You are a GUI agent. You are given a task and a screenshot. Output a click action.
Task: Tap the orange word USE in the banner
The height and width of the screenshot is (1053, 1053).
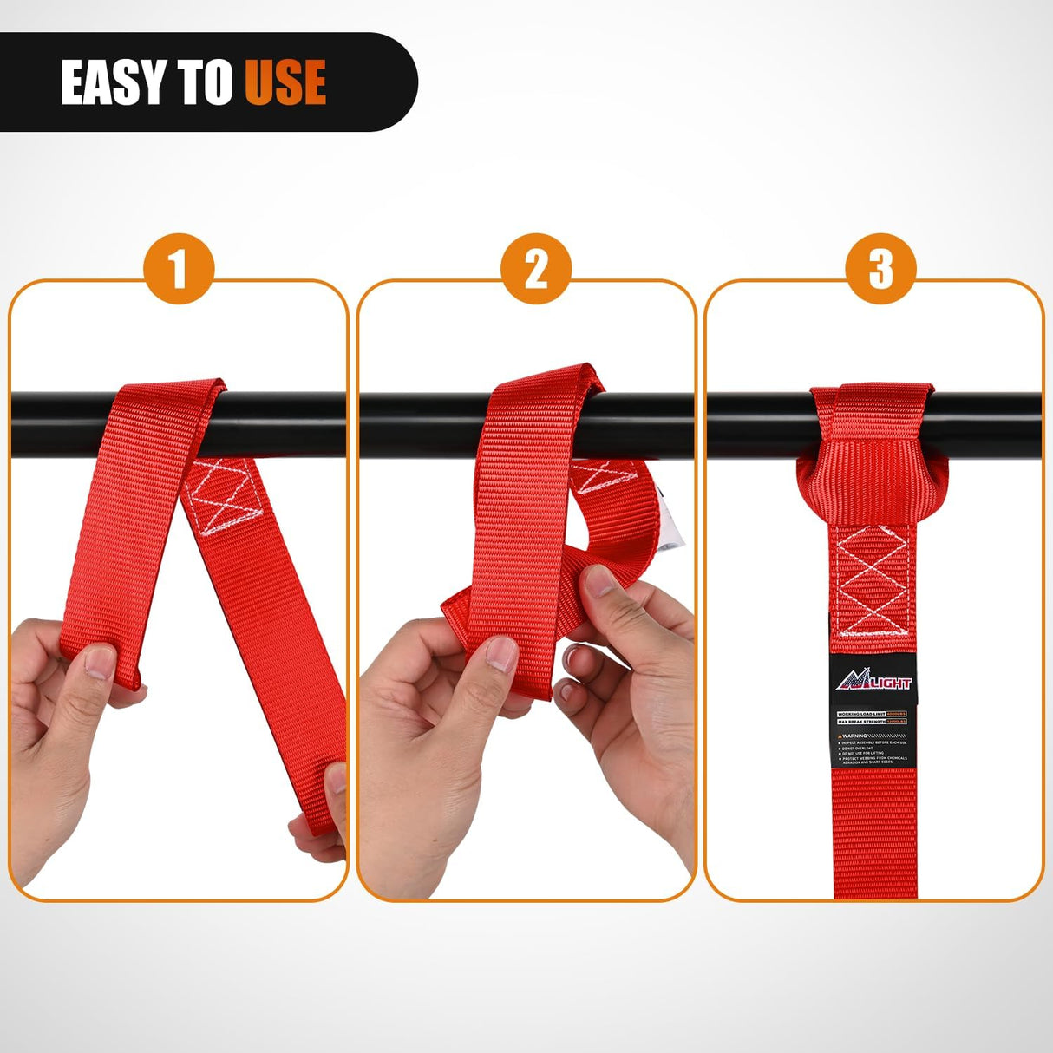tap(285, 83)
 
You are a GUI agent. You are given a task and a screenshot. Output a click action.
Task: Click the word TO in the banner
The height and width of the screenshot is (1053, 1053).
tap(206, 83)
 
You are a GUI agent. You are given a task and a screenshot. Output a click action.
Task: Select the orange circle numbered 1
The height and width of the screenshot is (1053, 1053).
tap(178, 268)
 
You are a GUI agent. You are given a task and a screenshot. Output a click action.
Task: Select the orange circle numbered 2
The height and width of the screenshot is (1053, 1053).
tap(536, 268)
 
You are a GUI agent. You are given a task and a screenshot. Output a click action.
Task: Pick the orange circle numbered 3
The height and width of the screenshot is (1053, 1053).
tap(880, 268)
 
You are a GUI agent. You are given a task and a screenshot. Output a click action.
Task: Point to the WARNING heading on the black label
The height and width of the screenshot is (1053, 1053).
tap(854, 736)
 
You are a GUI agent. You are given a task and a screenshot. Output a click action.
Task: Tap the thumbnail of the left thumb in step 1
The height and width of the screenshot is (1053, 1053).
tap(100, 664)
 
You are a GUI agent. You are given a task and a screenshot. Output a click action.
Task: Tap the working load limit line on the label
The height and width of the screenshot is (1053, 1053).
tap(873, 713)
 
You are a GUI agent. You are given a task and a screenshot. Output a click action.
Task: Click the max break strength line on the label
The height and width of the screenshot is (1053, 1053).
tap(873, 722)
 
